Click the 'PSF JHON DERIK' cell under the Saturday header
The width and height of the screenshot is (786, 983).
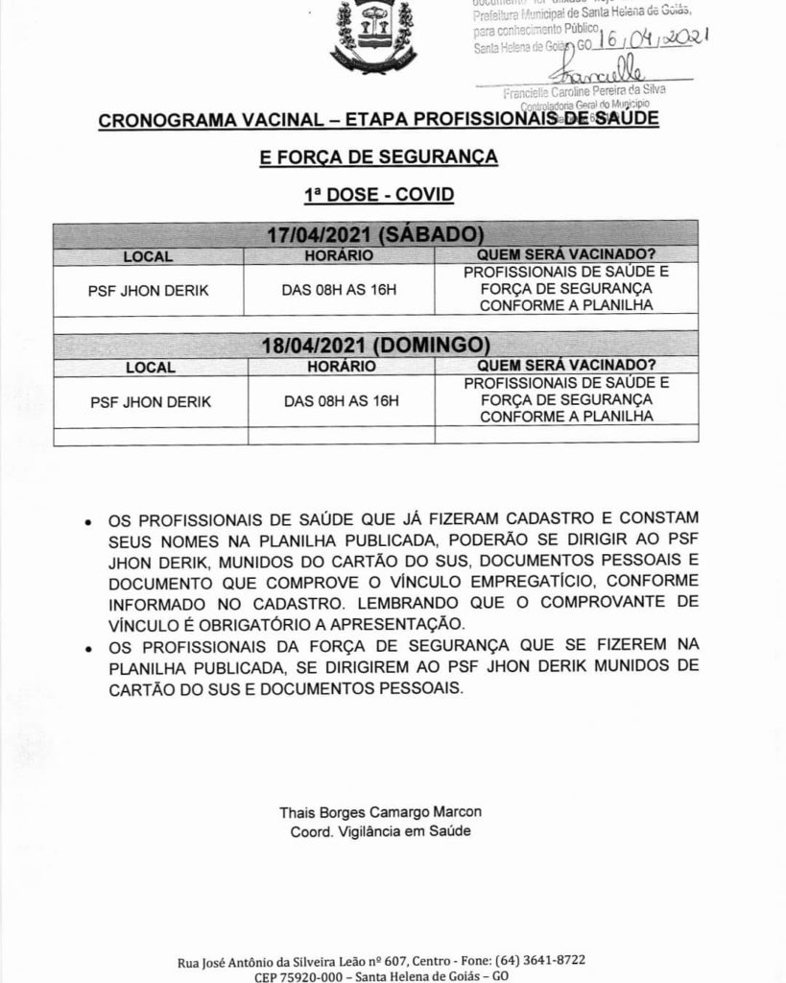pyautogui.click(x=150, y=288)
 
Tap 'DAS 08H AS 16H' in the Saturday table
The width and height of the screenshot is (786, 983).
pyautogui.click(x=339, y=288)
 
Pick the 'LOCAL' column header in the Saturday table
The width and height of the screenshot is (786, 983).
pyautogui.click(x=148, y=257)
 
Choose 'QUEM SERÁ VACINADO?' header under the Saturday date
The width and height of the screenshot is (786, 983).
pyautogui.click(x=566, y=256)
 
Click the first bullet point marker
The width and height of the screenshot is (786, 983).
pyautogui.click(x=88, y=524)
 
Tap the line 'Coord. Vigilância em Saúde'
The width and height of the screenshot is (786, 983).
pyautogui.click(x=380, y=831)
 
